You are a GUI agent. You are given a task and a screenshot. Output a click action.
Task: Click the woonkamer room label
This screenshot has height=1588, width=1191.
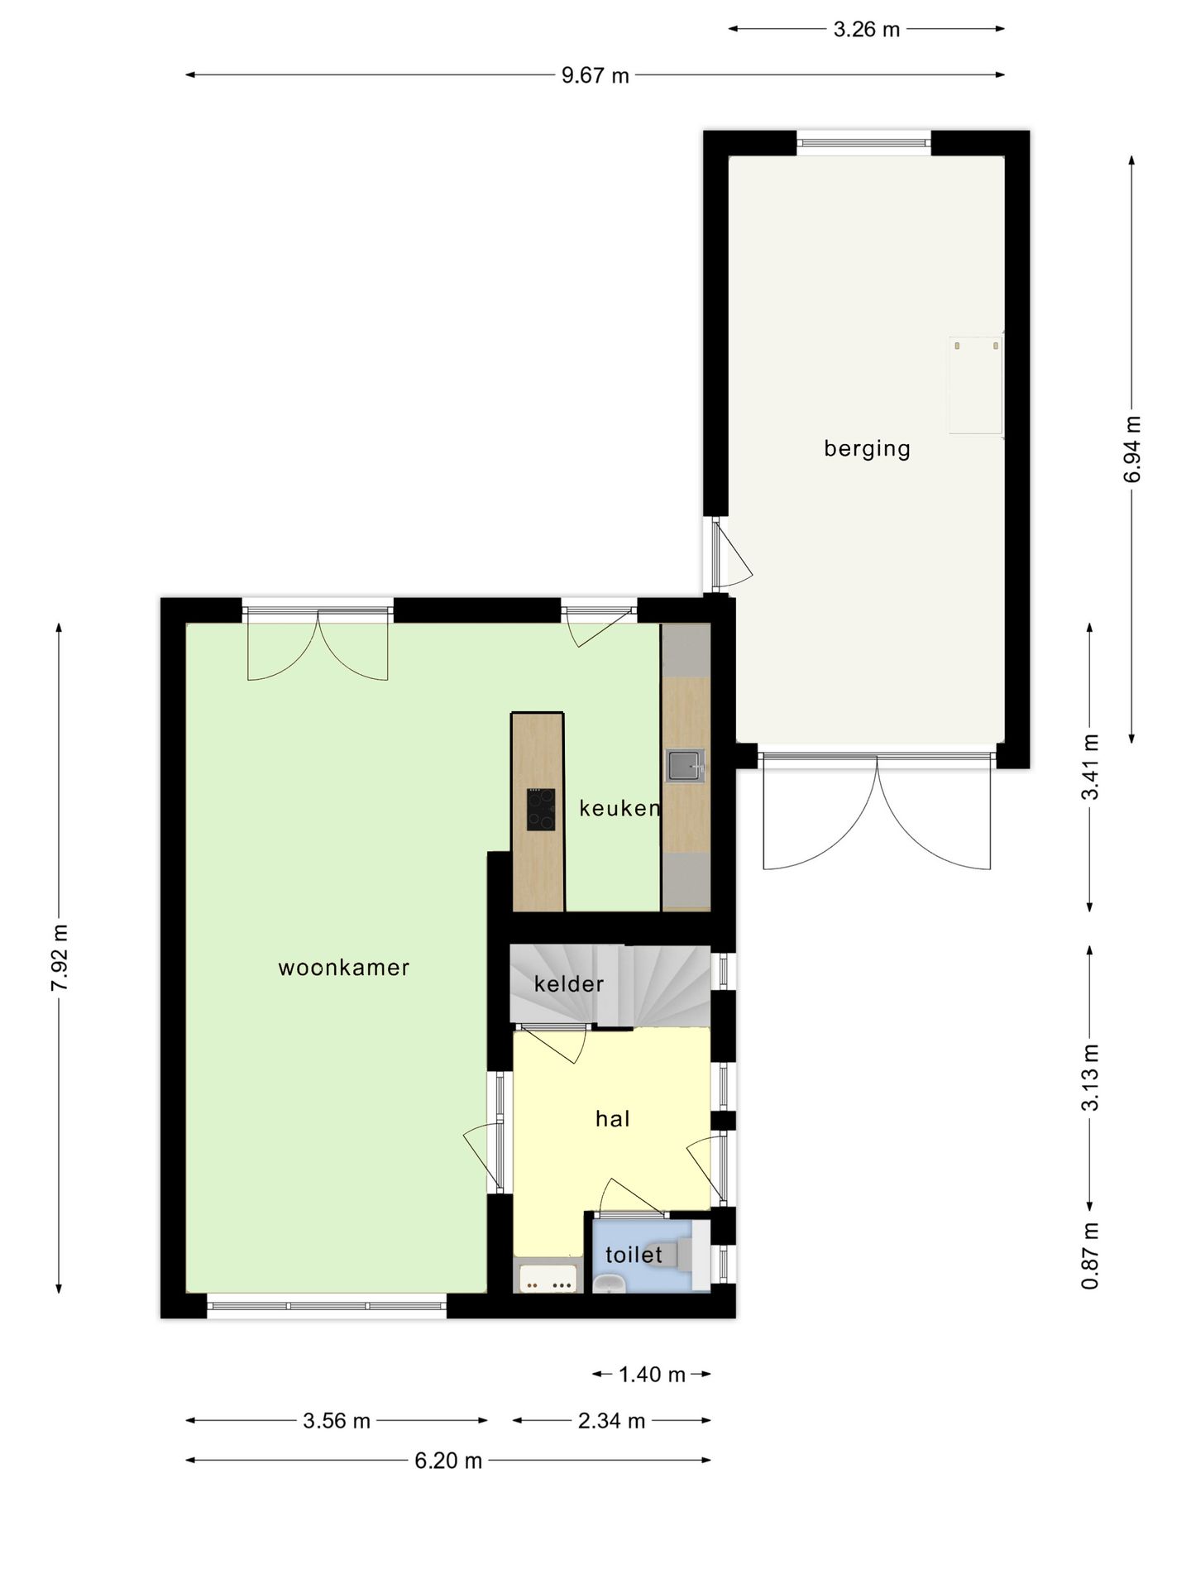pos(344,968)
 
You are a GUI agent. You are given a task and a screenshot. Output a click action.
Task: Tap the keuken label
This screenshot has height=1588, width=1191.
pos(619,808)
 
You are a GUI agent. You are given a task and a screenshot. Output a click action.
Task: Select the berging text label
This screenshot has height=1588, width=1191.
pos(867,449)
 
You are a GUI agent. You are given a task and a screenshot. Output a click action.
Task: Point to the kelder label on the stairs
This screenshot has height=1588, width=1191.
pos(569,983)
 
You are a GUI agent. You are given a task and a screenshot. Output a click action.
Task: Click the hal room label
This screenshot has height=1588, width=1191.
pos(613,1119)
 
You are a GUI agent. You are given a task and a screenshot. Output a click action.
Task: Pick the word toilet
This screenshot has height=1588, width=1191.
pos(634,1255)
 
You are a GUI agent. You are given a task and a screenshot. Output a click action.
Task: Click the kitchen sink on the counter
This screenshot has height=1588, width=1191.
pos(685,765)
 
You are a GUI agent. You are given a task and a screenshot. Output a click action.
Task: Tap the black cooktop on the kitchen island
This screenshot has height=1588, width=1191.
pos(541,809)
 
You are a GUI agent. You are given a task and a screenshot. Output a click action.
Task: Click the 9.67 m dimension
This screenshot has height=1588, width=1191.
pos(595,76)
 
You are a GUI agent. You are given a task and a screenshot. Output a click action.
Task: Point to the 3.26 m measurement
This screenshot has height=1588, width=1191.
pos(867,30)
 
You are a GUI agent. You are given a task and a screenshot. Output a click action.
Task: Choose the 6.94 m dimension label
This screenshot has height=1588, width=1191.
pos(1132,449)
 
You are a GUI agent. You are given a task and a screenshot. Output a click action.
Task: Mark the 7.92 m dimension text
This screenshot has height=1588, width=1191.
pos(60,958)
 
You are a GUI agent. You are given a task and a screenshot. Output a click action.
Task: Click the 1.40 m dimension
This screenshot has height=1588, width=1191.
pos(653,1375)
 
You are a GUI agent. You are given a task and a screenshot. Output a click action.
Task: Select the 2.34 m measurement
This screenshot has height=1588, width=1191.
pos(612,1421)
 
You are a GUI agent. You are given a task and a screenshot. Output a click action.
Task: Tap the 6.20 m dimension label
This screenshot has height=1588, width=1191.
pos(448,1461)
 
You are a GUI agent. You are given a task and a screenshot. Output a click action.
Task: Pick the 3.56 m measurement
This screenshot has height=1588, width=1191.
pos(337,1421)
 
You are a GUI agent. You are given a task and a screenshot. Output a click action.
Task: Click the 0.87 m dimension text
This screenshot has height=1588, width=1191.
pos(1090,1256)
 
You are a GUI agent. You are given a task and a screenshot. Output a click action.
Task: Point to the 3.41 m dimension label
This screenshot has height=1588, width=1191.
pos(1090,767)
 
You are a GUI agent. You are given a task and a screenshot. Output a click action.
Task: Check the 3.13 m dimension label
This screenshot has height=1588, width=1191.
pos(1090,1078)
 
